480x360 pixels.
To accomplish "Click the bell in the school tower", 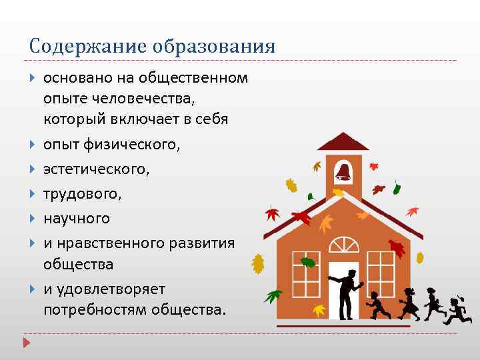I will pyautogui.click(x=343, y=171).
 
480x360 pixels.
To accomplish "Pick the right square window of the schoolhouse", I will pyautogui.click(x=381, y=277).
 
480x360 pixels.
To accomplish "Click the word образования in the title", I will pyautogui.click(x=213, y=46).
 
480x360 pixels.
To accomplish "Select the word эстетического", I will pyautogui.click(x=96, y=169).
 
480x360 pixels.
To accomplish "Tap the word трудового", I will pyautogui.click(x=83, y=194).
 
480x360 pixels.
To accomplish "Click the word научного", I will pyautogui.click(x=77, y=218).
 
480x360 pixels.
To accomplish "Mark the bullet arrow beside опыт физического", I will pyautogui.click(x=33, y=145).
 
